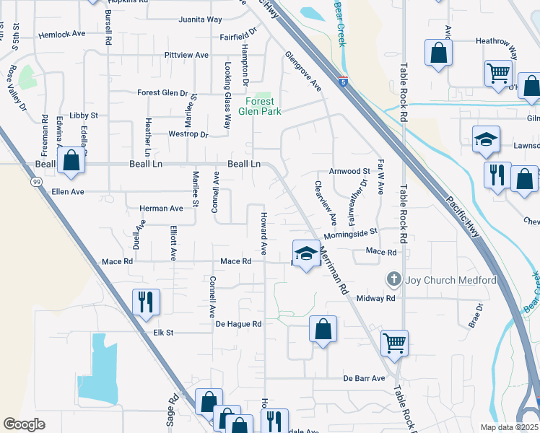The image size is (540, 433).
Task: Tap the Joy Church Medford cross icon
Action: click(x=393, y=279)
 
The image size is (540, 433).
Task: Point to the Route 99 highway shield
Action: click(x=36, y=182)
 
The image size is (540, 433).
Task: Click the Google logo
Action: click(x=24, y=424)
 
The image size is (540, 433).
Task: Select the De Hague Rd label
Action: click(x=238, y=324)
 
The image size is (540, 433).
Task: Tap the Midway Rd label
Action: click(x=380, y=298)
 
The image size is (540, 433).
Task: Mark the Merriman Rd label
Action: click(x=331, y=267)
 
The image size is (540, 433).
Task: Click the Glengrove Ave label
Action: click(x=302, y=71)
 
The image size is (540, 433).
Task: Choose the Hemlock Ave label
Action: click(x=62, y=34)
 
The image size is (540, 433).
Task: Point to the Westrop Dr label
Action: click(x=188, y=134)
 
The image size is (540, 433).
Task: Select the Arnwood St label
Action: click(x=349, y=172)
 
